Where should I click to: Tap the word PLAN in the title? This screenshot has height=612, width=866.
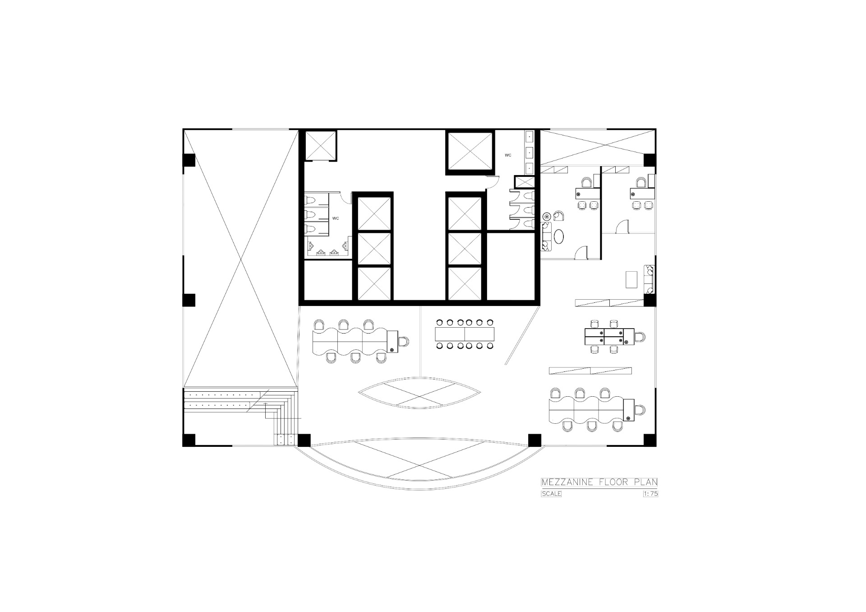click(x=645, y=482)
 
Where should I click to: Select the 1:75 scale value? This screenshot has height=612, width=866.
click(x=650, y=494)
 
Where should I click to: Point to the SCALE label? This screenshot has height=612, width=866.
click(x=552, y=494)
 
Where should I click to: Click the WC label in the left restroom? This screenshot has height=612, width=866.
click(x=336, y=218)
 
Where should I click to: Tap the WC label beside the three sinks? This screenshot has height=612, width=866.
click(x=508, y=155)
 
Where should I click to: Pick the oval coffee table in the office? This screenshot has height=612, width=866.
click(x=559, y=236)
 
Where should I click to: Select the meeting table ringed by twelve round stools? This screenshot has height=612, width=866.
click(x=465, y=334)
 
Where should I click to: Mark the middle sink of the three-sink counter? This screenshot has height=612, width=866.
click(x=530, y=152)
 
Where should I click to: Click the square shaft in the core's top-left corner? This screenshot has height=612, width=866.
click(x=321, y=146)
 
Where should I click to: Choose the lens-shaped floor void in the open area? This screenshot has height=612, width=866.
click(x=420, y=394)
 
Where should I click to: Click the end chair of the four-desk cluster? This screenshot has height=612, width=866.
click(x=639, y=336)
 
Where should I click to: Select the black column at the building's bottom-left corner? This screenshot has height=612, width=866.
click(x=189, y=440)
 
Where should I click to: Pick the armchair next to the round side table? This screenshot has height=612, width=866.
click(x=558, y=215)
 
